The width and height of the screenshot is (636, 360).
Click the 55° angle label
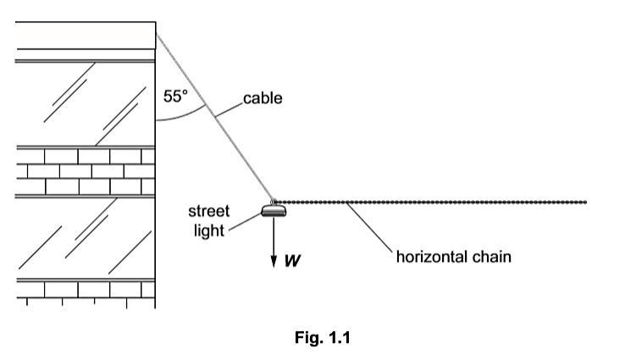[x=175, y=97]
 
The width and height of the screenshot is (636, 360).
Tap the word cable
[x=263, y=99]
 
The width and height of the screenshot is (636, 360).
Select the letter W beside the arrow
[x=292, y=261]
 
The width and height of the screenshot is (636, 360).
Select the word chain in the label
[x=493, y=256]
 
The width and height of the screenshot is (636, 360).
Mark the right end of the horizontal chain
[x=585, y=202]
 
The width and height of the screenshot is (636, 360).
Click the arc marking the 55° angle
[x=182, y=118]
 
